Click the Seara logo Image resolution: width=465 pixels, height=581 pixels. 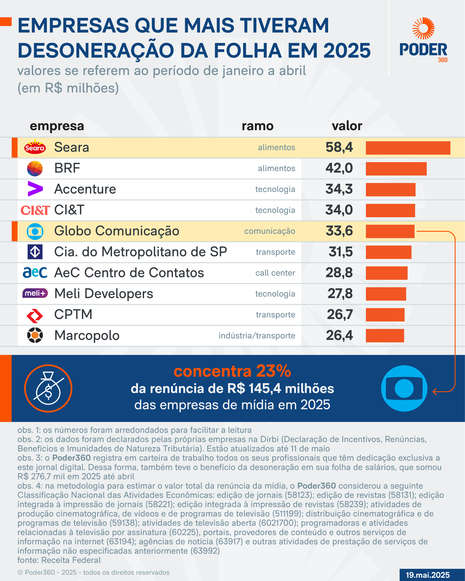pyautogui.click(x=35, y=147)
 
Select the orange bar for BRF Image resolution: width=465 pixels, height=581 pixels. pyautogui.click(x=396, y=169)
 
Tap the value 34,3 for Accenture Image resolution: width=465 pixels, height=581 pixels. pyautogui.click(x=339, y=189)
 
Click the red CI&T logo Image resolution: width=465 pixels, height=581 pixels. pyautogui.click(x=35, y=210)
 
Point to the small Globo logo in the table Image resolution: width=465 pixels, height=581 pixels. pyautogui.click(x=35, y=232)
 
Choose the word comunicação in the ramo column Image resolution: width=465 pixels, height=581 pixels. pyautogui.click(x=269, y=231)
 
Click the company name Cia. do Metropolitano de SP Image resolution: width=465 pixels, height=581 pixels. pyautogui.click(x=141, y=252)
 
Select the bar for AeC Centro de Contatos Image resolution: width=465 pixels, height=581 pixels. pyautogui.click(x=387, y=273)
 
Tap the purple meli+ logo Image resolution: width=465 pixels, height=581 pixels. pyautogui.click(x=35, y=293)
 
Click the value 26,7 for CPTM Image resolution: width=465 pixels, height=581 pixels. pyautogui.click(x=340, y=315)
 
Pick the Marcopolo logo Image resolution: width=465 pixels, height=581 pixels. pyautogui.click(x=35, y=335)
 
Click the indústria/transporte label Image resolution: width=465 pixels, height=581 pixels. pyautogui.click(x=257, y=336)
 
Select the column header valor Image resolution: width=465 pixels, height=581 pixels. pyautogui.click(x=347, y=126)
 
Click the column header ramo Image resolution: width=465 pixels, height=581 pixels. pyautogui.click(x=257, y=126)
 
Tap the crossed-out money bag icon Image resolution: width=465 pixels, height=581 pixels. pyautogui.click(x=48, y=388)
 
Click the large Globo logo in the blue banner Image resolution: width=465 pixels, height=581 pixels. pyautogui.click(x=404, y=388)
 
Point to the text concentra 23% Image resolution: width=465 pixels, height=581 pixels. pyautogui.click(x=232, y=371)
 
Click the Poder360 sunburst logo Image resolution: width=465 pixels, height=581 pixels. pyautogui.click(x=423, y=28)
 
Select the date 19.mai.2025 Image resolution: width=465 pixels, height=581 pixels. pyautogui.click(x=428, y=575)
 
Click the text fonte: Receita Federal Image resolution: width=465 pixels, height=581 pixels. pyautogui.click(x=59, y=560)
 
